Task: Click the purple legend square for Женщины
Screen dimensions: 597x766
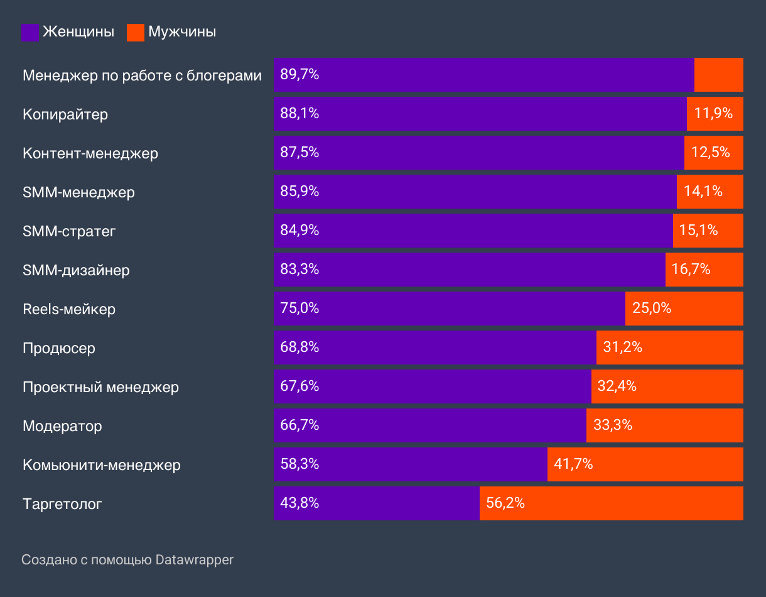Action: point(30,33)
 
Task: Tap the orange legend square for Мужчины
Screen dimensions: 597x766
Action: point(136,33)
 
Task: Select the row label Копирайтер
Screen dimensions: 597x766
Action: point(65,114)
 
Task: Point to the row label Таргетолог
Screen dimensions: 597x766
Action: point(62,504)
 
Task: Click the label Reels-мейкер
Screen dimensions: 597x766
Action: point(69,309)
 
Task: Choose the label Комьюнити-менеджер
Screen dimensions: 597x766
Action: point(102,465)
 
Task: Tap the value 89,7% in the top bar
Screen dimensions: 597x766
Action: point(299,75)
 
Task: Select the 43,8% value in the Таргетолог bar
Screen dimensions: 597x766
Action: point(299,503)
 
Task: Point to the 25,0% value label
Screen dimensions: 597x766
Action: point(652,309)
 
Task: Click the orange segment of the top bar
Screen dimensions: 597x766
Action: point(719,75)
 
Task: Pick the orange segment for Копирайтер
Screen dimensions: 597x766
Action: point(715,114)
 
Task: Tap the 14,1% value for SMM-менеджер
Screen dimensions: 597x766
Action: point(703,192)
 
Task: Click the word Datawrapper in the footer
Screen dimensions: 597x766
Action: point(195,559)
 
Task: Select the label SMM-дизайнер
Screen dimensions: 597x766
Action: point(76,270)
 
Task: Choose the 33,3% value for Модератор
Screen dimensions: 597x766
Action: point(613,425)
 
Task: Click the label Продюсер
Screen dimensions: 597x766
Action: point(59,348)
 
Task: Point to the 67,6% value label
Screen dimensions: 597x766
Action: point(299,386)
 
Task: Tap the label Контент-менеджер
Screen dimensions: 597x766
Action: point(90,153)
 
